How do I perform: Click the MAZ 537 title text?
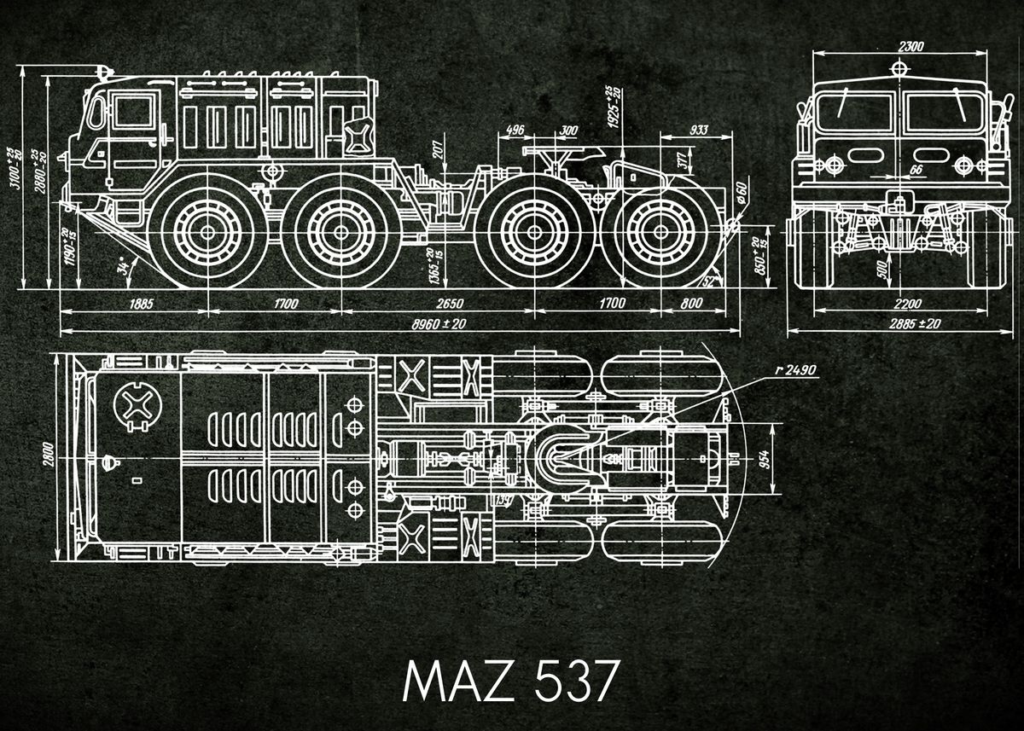tap(509, 679)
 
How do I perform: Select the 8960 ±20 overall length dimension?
tap(439, 324)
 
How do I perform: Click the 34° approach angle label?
tap(126, 266)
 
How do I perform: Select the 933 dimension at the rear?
tap(698, 130)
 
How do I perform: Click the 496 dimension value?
tap(515, 130)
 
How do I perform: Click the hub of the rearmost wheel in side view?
tap(655, 230)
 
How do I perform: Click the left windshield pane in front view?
tap(853, 111)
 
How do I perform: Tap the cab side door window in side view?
tap(131, 112)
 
